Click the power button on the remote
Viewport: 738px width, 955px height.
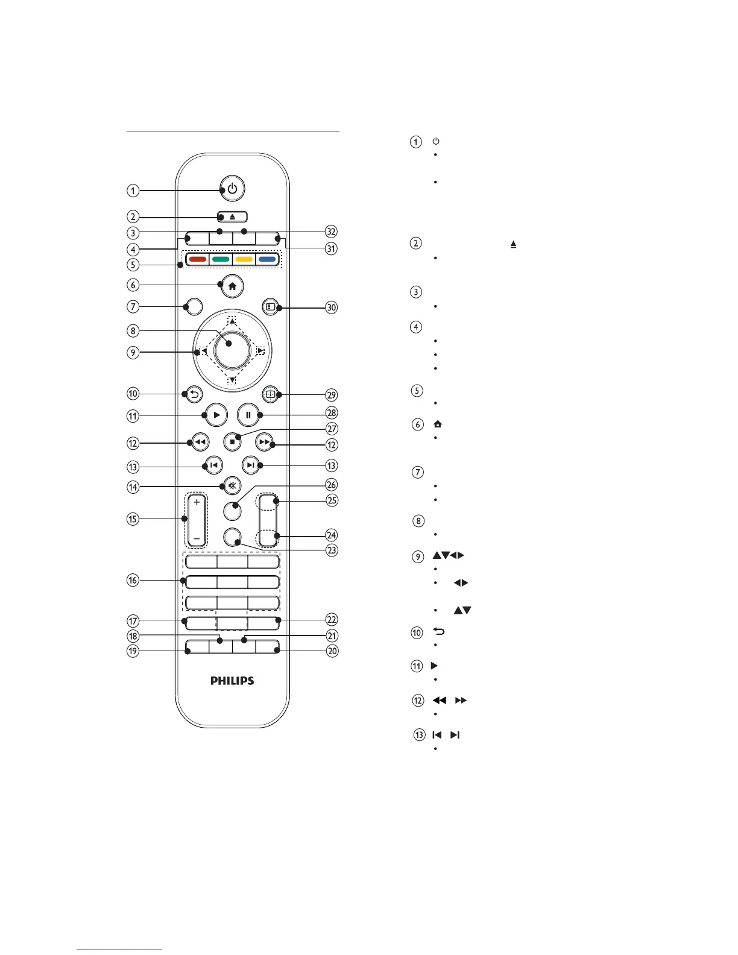(x=232, y=189)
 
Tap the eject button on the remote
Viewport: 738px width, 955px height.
(x=232, y=217)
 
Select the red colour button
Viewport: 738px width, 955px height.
(x=198, y=260)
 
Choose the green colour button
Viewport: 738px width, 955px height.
(x=221, y=260)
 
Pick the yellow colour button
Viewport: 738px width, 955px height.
(x=244, y=260)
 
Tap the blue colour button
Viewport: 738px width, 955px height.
(x=267, y=260)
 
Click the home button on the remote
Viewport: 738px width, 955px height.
(x=232, y=286)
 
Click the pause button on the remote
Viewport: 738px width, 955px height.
(x=248, y=415)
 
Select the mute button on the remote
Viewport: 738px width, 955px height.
(x=232, y=485)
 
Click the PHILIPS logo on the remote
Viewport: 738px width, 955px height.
(x=232, y=681)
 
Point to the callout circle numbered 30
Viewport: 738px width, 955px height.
(x=331, y=307)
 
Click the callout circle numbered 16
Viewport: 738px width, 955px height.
(x=133, y=580)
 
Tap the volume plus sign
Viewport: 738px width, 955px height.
(x=197, y=502)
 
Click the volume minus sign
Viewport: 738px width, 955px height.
(x=197, y=538)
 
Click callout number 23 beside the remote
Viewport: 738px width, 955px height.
(x=331, y=550)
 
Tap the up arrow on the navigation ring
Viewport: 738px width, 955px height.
(x=232, y=322)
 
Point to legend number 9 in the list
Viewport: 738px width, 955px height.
(x=418, y=556)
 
